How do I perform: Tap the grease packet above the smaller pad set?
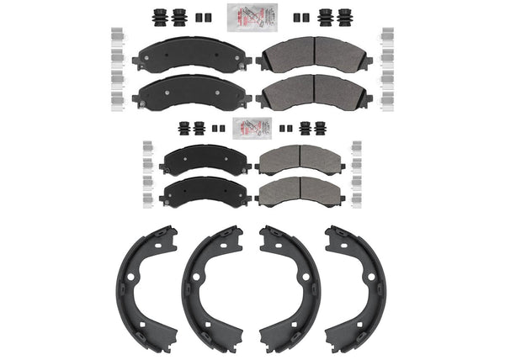pyautogui.click(x=252, y=128)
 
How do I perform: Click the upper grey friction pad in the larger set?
pyautogui.click(x=314, y=55)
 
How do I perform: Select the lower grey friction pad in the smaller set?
pyautogui.click(x=300, y=191)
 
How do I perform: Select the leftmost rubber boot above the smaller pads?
pyautogui.click(x=183, y=128)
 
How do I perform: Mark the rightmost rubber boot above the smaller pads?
pyautogui.click(x=322, y=128)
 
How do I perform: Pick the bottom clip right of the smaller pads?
pyautogui.click(x=358, y=200)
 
